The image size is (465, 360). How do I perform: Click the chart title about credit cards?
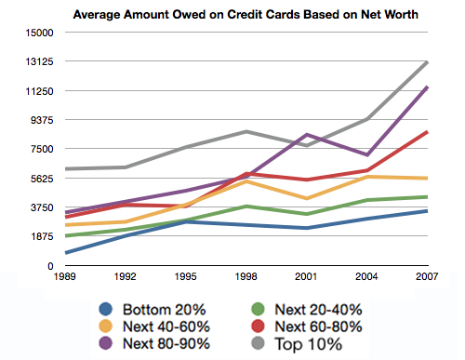coord(246,15)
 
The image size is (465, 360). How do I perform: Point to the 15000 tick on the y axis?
coord(39,33)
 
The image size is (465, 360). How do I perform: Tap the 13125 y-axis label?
coord(39,61)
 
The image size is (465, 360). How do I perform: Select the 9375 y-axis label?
coord(42,120)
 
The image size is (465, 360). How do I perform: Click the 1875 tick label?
coord(42,236)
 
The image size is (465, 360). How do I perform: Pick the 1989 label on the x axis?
coord(65,276)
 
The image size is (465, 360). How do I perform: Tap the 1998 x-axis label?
coord(246,276)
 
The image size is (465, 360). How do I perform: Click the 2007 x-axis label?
coord(427,276)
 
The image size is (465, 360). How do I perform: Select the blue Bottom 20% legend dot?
coord(106,309)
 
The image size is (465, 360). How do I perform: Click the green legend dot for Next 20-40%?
coord(258,309)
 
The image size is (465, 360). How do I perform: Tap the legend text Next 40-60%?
coord(166,327)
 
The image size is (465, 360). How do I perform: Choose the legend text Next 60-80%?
coord(318,327)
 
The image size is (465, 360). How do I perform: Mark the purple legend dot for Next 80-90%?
coord(106,343)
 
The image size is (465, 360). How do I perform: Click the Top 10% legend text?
coord(309,344)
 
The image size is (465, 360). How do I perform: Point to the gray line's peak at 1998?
coord(246,131)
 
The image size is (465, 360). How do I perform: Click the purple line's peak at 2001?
coord(307,135)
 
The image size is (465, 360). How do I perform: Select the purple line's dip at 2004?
coord(367,154)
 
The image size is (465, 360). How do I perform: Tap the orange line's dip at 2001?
coord(307,198)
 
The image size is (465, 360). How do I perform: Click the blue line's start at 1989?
coord(66,253)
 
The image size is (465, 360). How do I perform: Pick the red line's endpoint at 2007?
coord(427,132)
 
